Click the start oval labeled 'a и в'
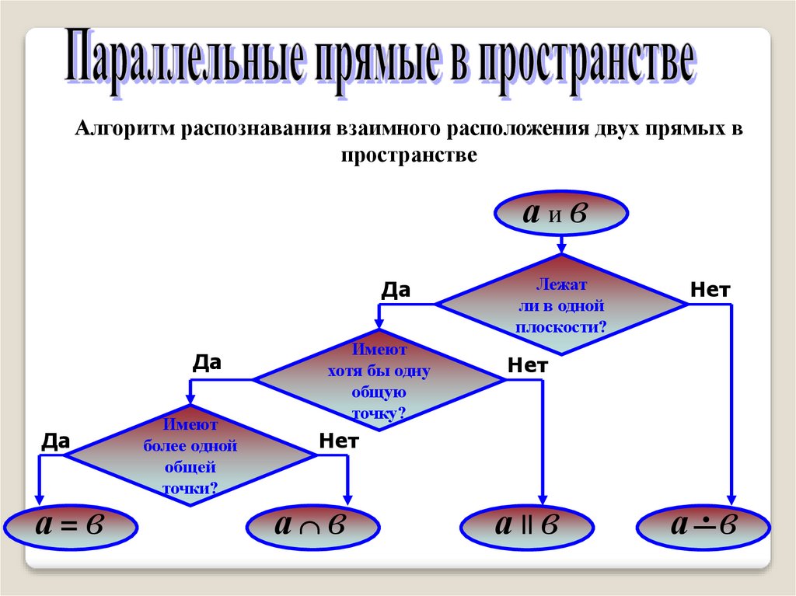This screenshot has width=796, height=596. click(560, 214)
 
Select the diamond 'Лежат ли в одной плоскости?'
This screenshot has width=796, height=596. click(560, 305)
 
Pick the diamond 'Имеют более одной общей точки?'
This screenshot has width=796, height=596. click(190, 456)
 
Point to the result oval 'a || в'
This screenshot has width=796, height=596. click(527, 527)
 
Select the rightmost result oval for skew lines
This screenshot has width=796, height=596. click(703, 527)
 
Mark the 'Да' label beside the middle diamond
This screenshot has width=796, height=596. click(207, 362)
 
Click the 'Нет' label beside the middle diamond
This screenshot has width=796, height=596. click(528, 365)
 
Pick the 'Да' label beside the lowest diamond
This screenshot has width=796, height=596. click(56, 442)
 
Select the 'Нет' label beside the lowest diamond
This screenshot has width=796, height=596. click(338, 442)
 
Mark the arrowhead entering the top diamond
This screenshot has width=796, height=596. click(560, 248)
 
